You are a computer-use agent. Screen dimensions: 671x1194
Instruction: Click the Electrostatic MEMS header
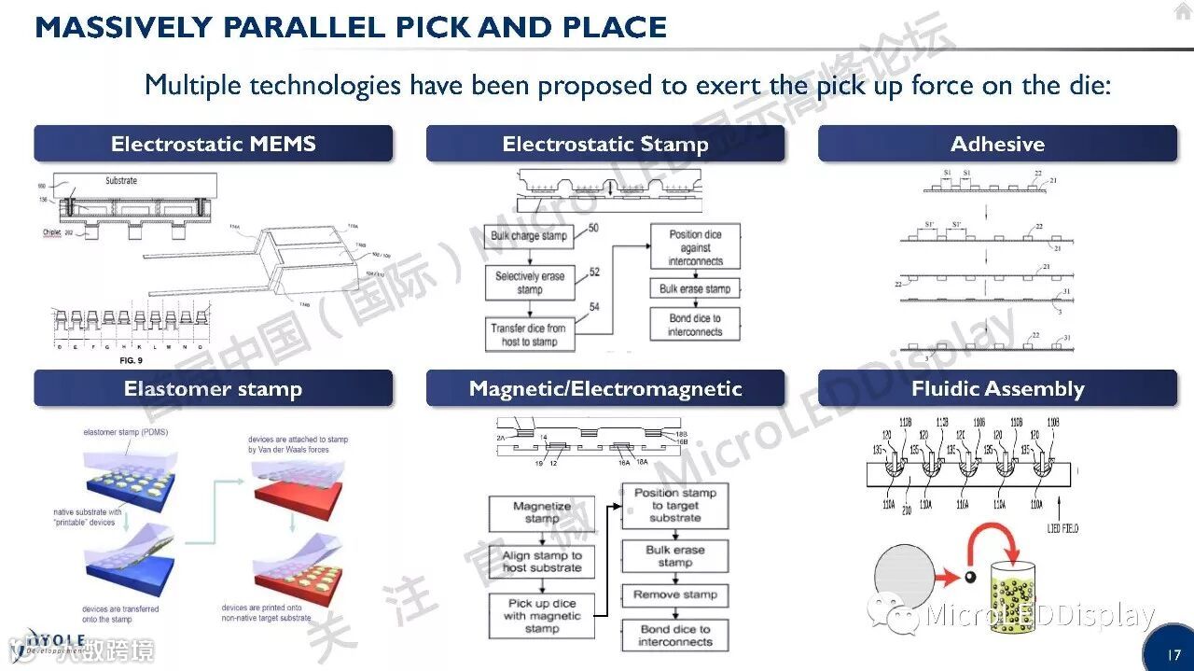pos(213,144)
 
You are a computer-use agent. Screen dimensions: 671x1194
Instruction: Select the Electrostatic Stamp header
pos(605,144)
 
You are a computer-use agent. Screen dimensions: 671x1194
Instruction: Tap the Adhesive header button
pos(997,144)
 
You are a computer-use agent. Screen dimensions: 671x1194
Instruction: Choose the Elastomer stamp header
pos(213,388)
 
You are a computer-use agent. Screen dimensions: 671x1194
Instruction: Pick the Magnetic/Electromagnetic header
pos(605,388)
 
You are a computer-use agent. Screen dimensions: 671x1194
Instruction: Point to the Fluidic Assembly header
pos(997,388)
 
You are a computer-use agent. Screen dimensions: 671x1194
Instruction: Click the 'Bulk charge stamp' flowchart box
pos(529,236)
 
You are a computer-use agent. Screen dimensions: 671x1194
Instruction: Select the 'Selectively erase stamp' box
pos(529,283)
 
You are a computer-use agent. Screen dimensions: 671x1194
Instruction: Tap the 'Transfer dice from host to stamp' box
pos(529,334)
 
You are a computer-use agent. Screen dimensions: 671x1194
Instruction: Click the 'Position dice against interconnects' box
pos(695,247)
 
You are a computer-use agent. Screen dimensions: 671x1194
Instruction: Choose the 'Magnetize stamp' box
pos(541,513)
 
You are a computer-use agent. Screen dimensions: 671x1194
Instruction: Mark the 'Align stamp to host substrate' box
pos(541,561)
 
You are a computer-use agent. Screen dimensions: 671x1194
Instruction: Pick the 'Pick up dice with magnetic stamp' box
pos(541,616)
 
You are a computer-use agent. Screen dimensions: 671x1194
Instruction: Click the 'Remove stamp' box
pos(674,594)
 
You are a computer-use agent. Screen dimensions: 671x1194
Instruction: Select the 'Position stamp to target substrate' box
pos(674,505)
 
